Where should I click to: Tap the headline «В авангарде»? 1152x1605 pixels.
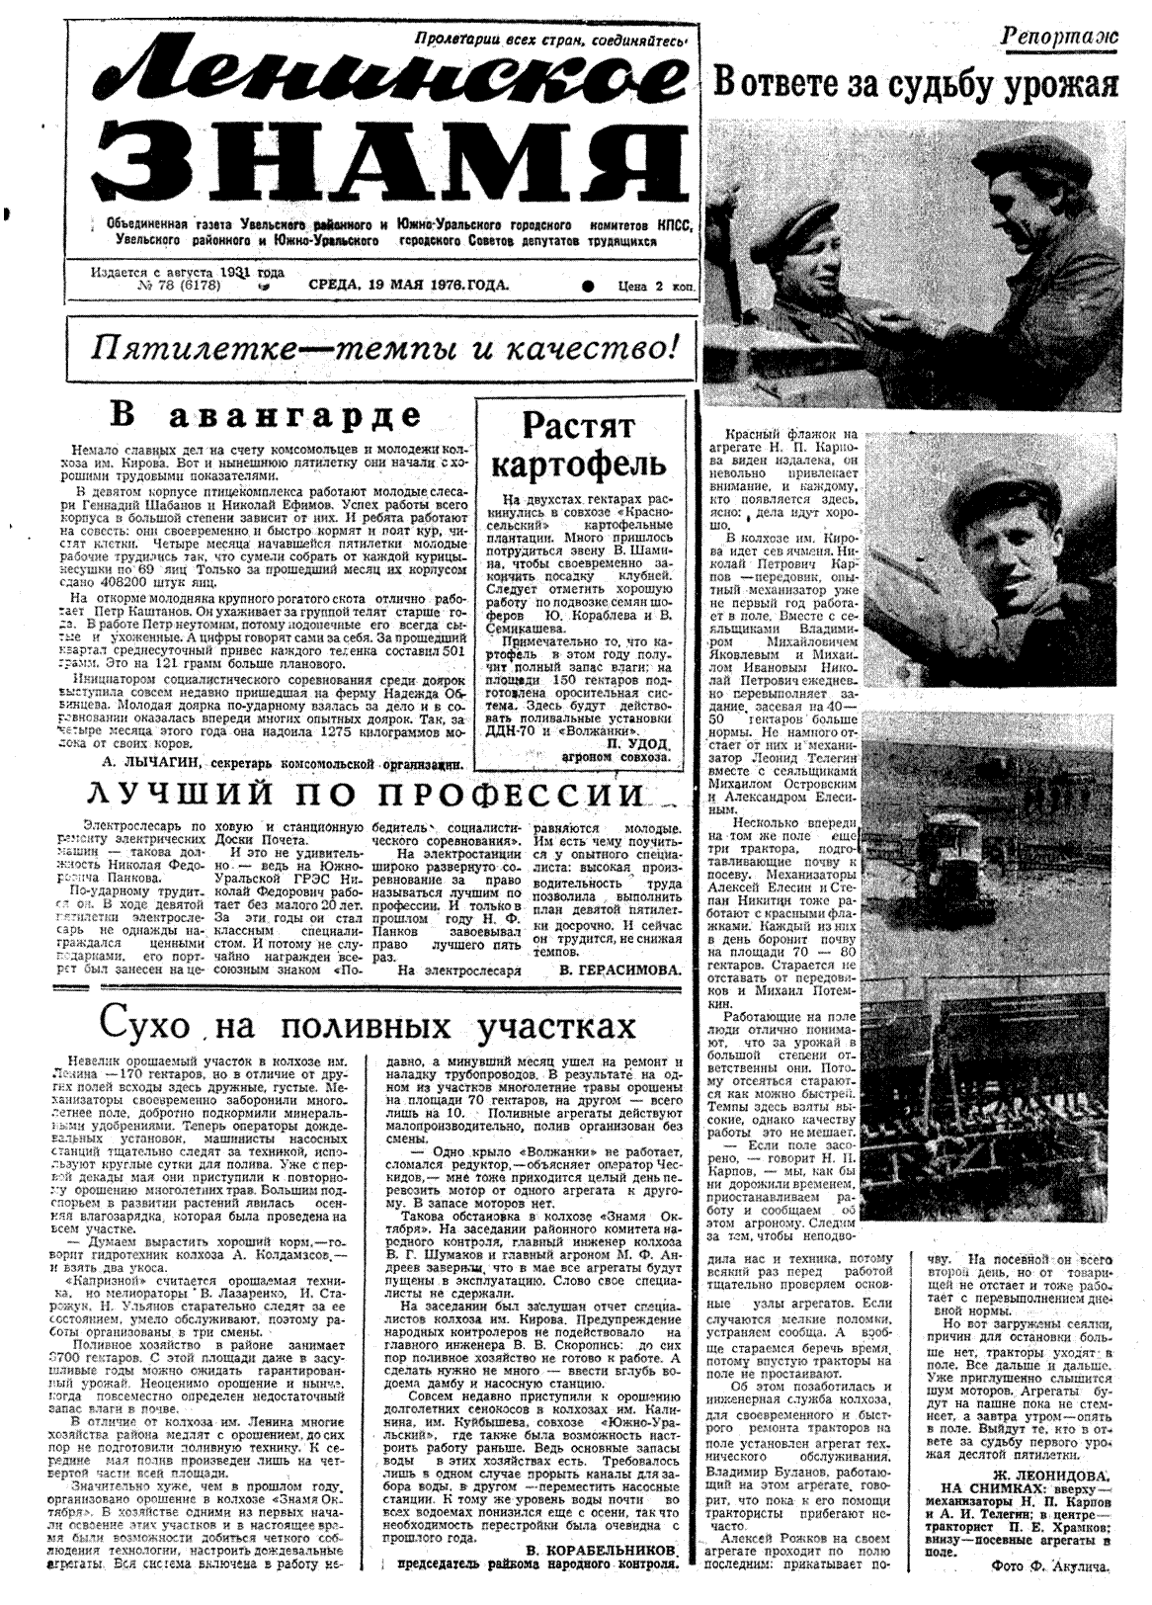click(264, 414)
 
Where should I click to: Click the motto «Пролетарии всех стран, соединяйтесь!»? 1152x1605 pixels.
click(550, 41)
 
